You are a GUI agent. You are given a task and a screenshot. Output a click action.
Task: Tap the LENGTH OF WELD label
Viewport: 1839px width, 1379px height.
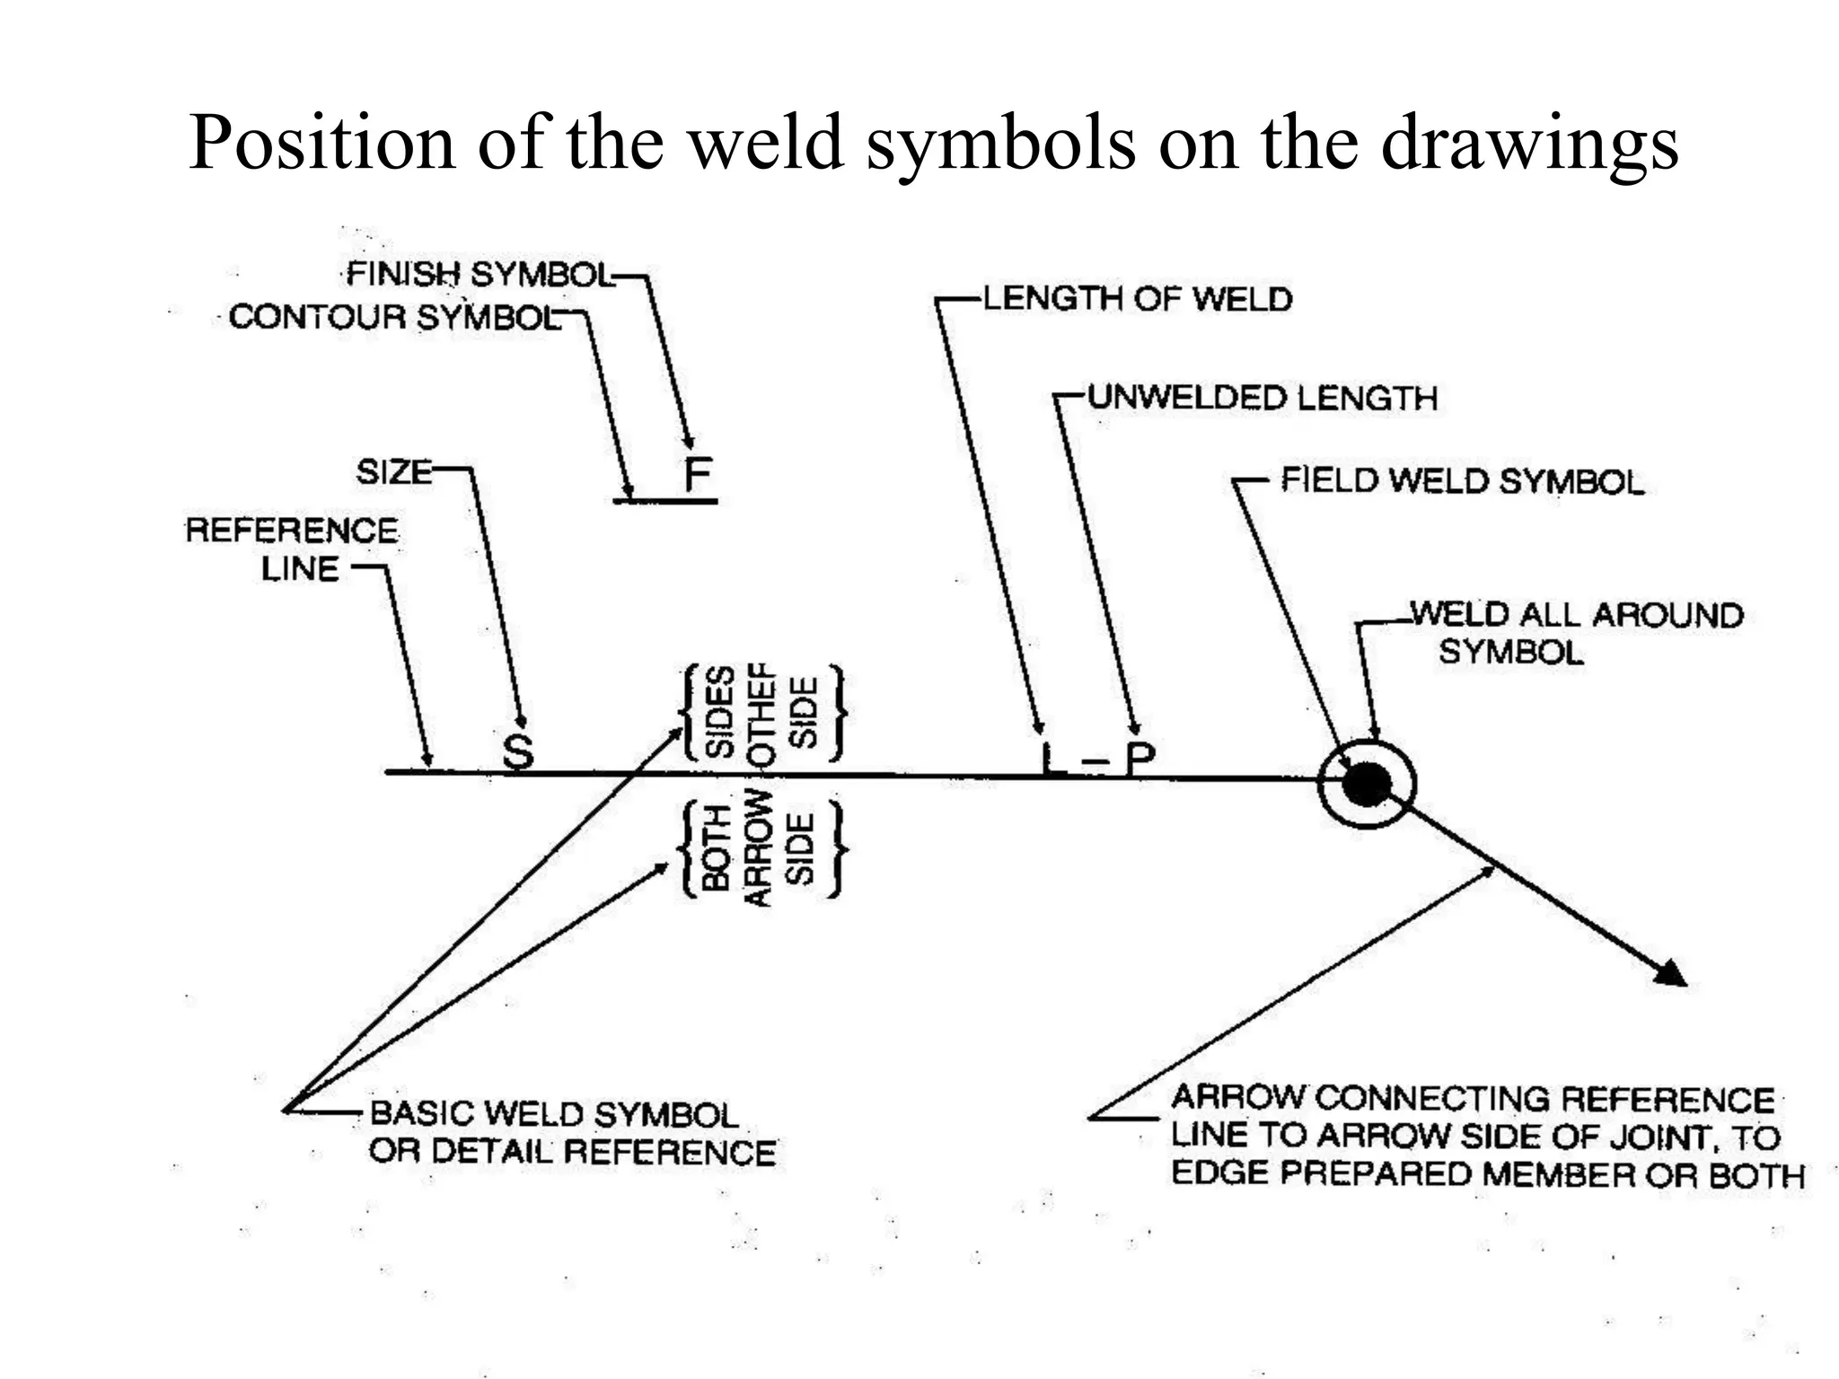(x=1137, y=299)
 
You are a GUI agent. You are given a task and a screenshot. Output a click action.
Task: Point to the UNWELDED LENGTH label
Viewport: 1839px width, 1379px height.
(x=1262, y=398)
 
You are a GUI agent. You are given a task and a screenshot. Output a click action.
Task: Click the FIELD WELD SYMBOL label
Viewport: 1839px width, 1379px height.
(x=1461, y=481)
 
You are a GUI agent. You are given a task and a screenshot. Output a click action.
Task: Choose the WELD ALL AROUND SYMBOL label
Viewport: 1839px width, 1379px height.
(x=1576, y=633)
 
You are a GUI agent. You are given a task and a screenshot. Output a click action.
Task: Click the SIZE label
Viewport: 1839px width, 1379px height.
(x=394, y=471)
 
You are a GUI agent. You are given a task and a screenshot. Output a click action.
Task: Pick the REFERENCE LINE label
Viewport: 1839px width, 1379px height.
(x=292, y=549)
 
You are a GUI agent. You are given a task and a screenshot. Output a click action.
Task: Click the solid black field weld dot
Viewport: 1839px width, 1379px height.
(x=1366, y=784)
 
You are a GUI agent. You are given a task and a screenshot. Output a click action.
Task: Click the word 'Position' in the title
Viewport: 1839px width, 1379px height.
(x=321, y=144)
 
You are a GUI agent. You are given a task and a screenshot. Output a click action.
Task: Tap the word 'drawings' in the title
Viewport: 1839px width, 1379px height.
(x=1529, y=144)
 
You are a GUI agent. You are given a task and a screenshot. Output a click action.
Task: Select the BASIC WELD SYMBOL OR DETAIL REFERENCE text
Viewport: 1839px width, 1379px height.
(x=572, y=1133)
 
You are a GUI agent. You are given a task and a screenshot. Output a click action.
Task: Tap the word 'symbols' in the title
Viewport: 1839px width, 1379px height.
(x=1000, y=144)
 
